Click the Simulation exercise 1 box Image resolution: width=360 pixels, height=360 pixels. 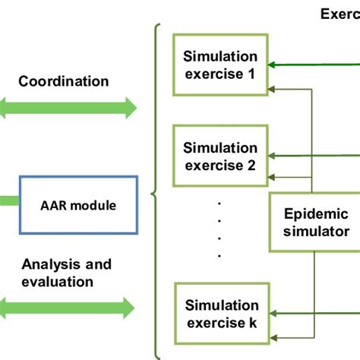219,66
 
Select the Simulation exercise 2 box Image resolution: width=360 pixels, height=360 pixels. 219,156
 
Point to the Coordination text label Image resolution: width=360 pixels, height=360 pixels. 64,81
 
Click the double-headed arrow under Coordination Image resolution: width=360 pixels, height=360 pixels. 69,109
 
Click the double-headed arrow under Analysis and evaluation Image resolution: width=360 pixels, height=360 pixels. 69,308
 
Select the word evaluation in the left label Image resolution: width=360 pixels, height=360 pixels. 58,281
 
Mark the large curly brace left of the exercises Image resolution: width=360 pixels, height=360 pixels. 156,190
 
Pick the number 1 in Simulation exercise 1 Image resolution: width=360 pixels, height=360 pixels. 254,74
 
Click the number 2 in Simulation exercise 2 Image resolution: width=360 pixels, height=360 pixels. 254,165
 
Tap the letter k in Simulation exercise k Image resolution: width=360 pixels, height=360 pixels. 254,323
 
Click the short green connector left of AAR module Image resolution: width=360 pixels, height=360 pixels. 8,201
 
